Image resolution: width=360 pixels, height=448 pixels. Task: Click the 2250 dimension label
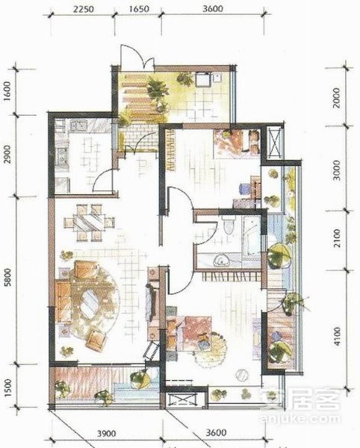pos(83,9)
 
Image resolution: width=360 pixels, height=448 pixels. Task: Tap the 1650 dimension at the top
pos(139,9)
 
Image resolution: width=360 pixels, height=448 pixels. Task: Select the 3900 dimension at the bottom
pos(107,433)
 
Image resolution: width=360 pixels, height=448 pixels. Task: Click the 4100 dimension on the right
pos(338,337)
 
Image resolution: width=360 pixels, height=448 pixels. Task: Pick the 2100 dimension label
pos(338,238)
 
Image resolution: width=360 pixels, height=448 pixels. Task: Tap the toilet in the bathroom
pos(229,225)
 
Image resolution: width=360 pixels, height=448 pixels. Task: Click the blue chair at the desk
pos(244,189)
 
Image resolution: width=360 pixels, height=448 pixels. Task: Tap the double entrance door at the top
pos(137,57)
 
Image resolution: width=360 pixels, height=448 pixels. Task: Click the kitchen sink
pos(78,125)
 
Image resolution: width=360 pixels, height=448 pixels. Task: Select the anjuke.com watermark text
pos(300,419)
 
